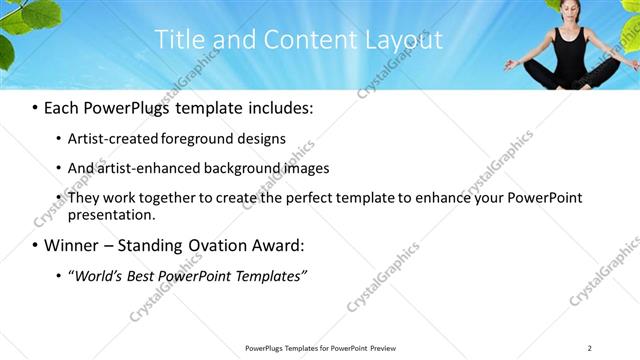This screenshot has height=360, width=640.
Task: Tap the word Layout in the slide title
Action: tap(400, 40)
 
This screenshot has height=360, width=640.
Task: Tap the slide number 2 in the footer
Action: tap(590, 348)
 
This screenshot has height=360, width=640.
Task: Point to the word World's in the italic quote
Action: tap(103, 275)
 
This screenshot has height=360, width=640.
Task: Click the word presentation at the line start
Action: tap(111, 214)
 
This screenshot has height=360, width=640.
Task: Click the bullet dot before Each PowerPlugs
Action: tap(36, 106)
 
